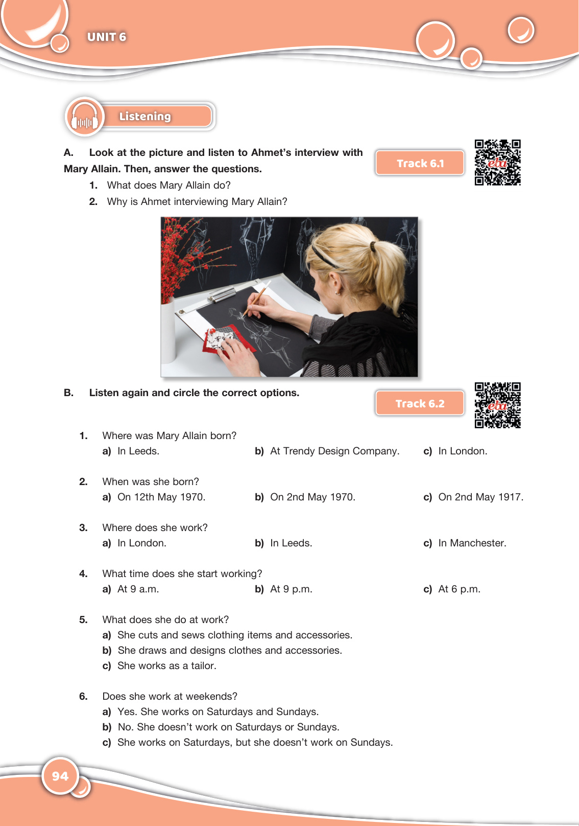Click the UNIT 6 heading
coord(106,37)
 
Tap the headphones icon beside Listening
coord(85,117)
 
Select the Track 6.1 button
coord(420,163)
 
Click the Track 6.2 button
coord(420,403)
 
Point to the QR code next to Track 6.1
coord(498,162)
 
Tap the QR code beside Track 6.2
coord(498,405)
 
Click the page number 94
coord(60,776)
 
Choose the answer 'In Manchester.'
coord(472,543)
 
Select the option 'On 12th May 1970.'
coord(161,497)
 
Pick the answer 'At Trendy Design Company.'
coord(335,451)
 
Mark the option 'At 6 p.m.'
coord(459,589)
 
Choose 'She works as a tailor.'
coord(167,666)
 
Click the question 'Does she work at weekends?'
coord(170,696)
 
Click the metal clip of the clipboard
coord(222,294)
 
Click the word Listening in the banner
coord(145,117)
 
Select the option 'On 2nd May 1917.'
coord(480,497)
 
